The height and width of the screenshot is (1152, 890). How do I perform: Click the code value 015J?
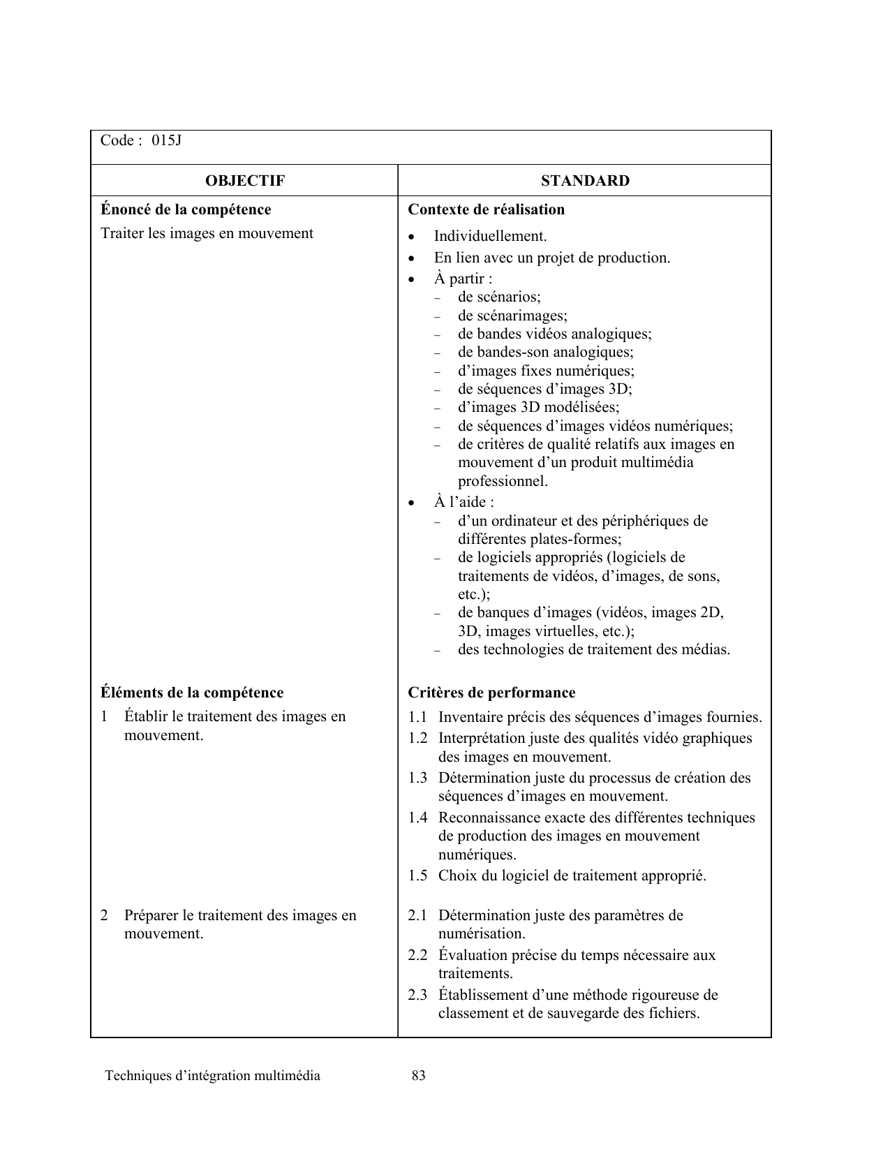(x=167, y=140)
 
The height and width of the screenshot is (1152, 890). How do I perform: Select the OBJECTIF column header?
(x=244, y=181)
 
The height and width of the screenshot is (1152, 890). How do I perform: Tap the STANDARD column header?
(x=585, y=181)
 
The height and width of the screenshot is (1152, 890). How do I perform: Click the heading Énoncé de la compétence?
(x=186, y=209)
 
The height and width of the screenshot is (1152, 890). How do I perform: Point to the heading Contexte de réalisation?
(x=486, y=209)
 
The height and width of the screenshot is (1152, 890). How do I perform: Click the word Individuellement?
(x=490, y=236)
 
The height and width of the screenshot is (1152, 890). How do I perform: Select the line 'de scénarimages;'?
(x=512, y=316)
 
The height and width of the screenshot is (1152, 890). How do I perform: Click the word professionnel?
(x=503, y=481)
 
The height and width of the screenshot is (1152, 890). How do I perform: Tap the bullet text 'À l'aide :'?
(x=463, y=502)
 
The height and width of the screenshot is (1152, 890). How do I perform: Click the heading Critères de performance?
(x=491, y=693)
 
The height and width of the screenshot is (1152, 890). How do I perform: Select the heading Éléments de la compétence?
(x=192, y=693)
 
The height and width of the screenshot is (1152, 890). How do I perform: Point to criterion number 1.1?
(x=417, y=717)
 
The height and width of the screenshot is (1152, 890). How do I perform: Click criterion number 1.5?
(x=417, y=876)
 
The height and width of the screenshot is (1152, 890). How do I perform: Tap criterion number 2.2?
(x=417, y=955)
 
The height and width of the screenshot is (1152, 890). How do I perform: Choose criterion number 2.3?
(x=417, y=995)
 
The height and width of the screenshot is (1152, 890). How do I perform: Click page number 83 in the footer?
(x=419, y=1076)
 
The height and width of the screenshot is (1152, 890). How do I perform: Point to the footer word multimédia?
(x=288, y=1076)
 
